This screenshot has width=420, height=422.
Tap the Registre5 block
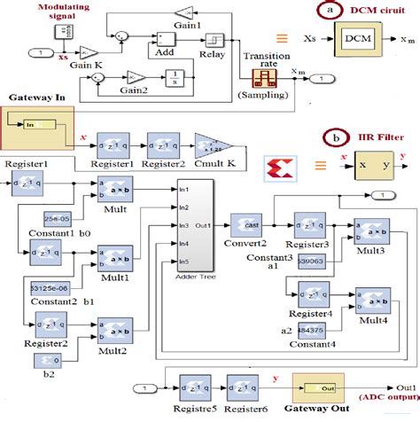coord(195,387)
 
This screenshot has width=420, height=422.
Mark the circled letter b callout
coord(331,138)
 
